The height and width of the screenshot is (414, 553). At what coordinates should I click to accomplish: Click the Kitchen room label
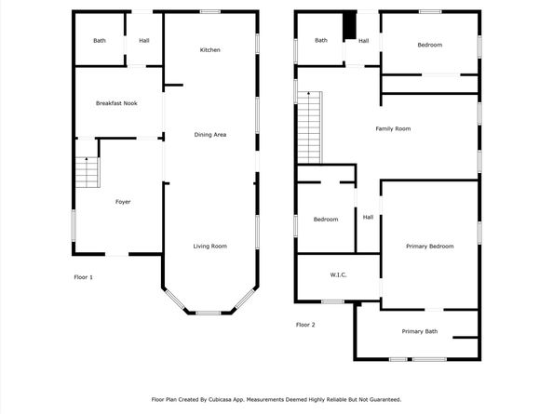coord(209,49)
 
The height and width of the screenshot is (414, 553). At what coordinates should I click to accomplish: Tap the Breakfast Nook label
coord(116,103)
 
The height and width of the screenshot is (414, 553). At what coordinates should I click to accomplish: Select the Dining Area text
coord(210,135)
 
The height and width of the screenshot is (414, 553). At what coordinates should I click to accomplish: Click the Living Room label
coord(210,246)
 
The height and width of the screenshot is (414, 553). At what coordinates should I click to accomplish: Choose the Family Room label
coord(393,128)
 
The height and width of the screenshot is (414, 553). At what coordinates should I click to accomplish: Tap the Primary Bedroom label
coord(429,246)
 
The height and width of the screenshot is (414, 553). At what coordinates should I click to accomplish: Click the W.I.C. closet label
coord(338,275)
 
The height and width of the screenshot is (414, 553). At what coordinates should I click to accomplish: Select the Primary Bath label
coord(419,331)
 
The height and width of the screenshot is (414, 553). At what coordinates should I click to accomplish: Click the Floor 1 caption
coord(84,277)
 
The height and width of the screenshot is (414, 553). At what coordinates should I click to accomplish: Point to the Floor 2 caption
coord(305,325)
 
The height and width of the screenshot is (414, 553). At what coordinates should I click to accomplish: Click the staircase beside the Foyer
coord(87,172)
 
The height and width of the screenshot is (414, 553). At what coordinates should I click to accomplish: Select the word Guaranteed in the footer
coord(380,399)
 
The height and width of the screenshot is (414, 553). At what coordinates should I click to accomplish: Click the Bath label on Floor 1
coord(100,41)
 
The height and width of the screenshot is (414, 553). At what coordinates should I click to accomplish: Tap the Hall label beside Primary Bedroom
coord(368,217)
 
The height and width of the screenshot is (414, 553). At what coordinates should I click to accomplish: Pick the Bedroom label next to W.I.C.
coord(326,219)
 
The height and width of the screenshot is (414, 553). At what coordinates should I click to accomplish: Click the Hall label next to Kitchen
coord(144,41)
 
